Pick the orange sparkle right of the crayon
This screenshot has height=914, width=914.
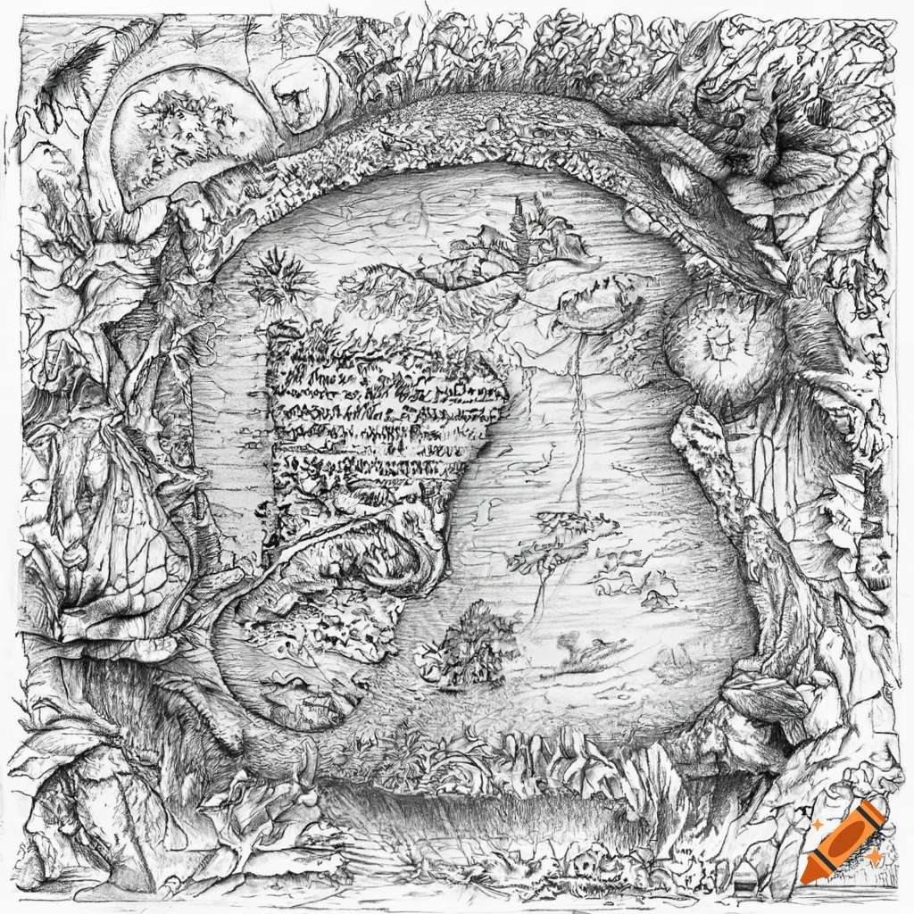874,855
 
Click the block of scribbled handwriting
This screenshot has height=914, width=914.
375,420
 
